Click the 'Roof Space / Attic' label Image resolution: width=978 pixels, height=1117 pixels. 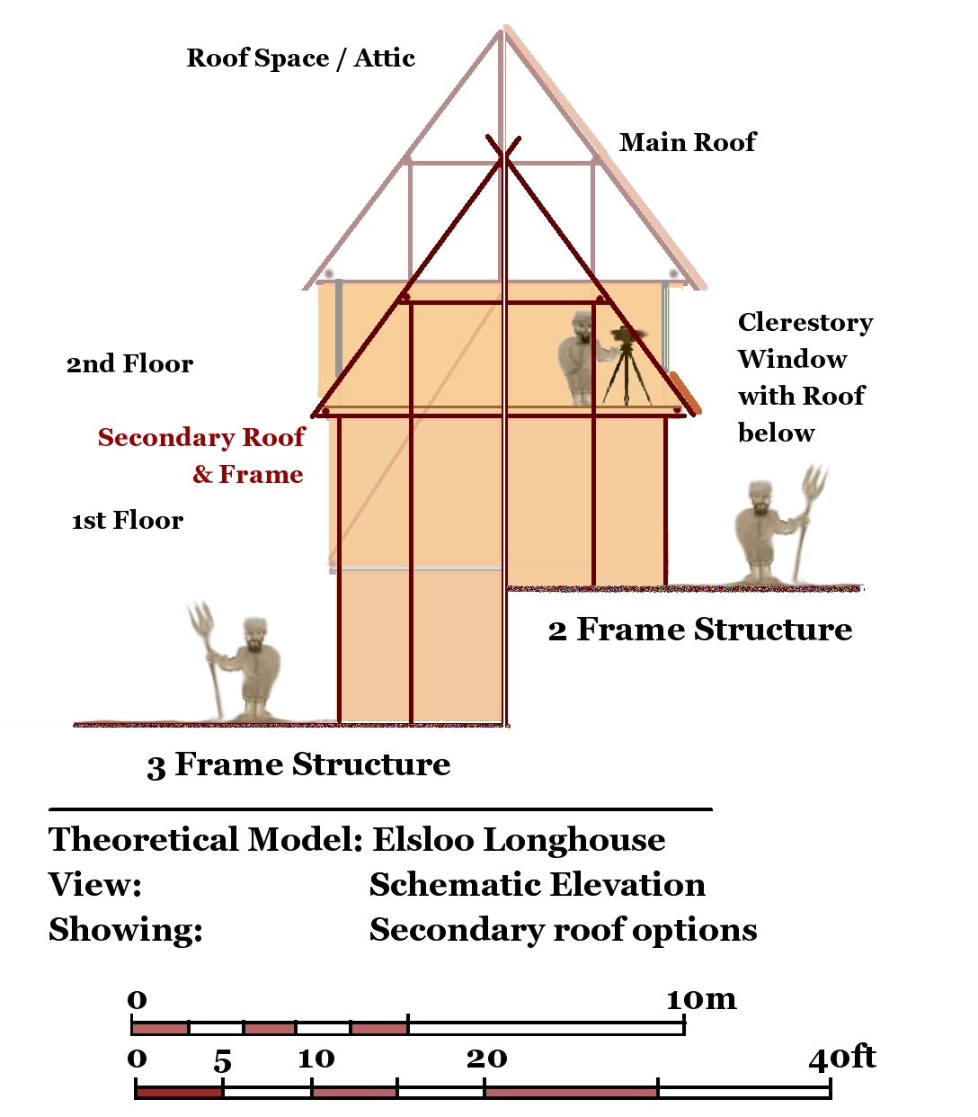[x=300, y=58]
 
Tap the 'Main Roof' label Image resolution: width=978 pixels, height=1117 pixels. [x=688, y=142]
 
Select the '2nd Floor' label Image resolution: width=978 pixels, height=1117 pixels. [x=129, y=364]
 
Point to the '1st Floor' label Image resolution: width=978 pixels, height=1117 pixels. [x=128, y=521]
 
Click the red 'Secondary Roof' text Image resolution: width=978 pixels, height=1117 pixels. [x=201, y=438]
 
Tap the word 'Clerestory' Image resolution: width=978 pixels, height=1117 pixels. [x=805, y=323]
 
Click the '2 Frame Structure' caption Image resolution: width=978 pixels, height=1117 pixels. [x=700, y=630]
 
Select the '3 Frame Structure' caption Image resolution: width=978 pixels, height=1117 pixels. [x=298, y=764]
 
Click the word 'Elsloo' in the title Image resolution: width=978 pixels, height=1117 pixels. [x=423, y=840]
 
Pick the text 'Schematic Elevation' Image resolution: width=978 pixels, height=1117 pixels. [x=537, y=885]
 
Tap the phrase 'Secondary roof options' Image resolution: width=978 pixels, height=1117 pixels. [x=563, y=930]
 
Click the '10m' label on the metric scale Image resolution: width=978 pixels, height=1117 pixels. [x=701, y=999]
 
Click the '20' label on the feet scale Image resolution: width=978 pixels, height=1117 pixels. [x=486, y=1059]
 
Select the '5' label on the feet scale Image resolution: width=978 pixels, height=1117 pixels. [x=223, y=1061]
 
